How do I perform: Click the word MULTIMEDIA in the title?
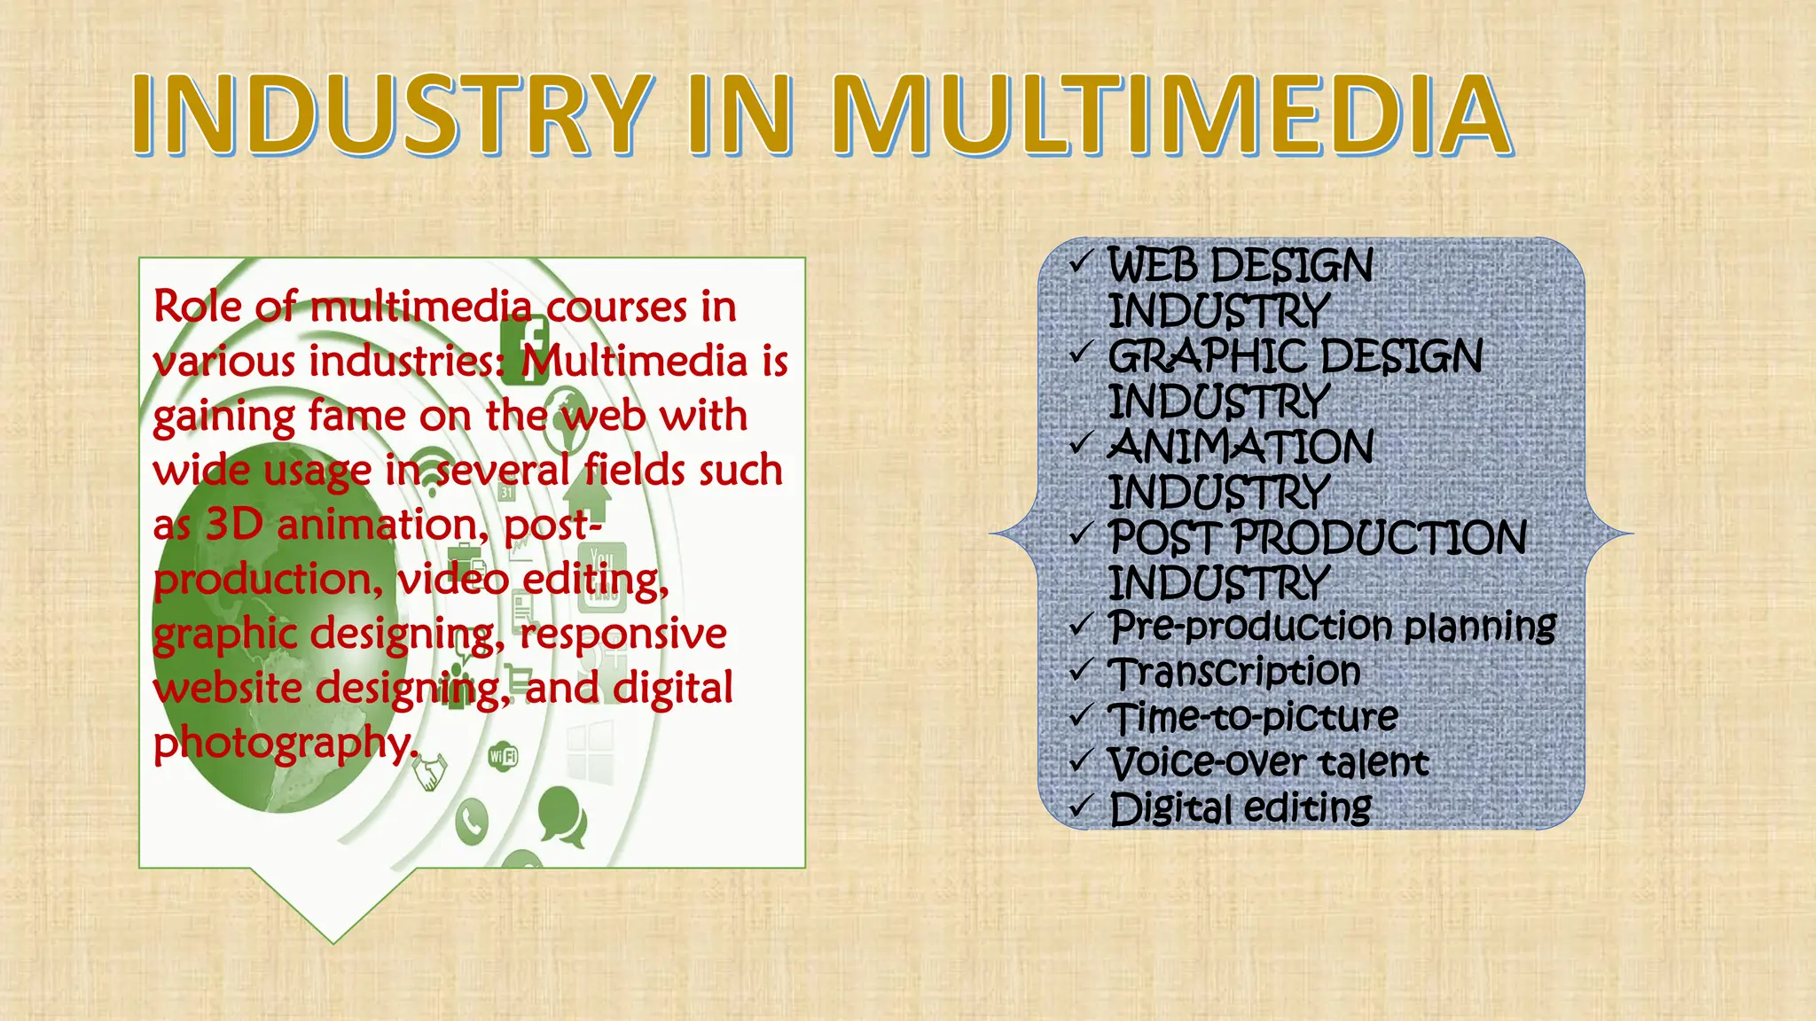click(1170, 115)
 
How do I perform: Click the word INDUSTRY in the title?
click(390, 115)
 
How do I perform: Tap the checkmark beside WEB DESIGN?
click(1079, 262)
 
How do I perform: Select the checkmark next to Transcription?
click(1079, 670)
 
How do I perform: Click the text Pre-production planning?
click(1332, 626)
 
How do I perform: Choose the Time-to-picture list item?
click(1253, 716)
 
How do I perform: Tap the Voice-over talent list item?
click(1268, 762)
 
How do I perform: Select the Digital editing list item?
click(1240, 808)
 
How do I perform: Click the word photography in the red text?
click(282, 743)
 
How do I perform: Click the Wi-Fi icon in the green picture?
click(503, 756)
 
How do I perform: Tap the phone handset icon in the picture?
click(472, 822)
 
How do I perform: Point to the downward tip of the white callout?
click(333, 941)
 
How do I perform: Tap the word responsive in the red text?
click(622, 634)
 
